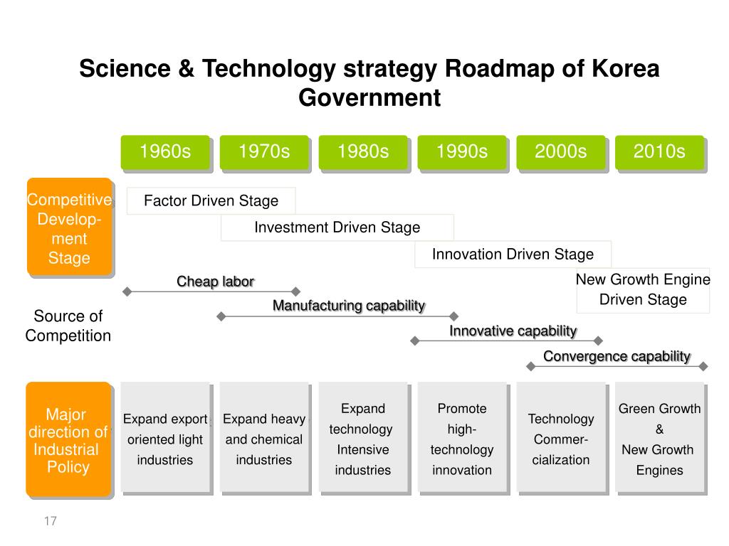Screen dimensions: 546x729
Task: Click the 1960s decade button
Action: (x=165, y=152)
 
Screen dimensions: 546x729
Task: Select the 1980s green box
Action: (x=363, y=152)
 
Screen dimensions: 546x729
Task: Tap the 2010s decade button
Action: (x=659, y=152)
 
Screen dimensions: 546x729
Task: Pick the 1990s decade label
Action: (x=462, y=152)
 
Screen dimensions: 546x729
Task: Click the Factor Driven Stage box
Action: (x=211, y=200)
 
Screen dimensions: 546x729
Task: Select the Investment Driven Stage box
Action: (x=337, y=227)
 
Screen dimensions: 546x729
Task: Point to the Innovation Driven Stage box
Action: (x=513, y=255)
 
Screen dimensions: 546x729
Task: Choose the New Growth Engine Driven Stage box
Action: (x=643, y=289)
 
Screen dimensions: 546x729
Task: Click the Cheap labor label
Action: (x=215, y=282)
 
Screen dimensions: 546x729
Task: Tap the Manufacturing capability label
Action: (x=349, y=306)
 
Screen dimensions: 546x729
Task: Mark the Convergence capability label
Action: (x=617, y=356)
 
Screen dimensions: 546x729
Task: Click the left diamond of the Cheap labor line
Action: (x=127, y=291)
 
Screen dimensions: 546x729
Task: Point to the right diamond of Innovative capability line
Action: (x=599, y=341)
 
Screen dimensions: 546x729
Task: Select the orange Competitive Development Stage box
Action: (x=69, y=227)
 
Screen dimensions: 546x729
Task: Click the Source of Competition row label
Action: (x=68, y=326)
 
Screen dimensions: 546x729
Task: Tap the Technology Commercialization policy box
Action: (x=561, y=439)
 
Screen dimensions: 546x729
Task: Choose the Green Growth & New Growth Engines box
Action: (x=659, y=439)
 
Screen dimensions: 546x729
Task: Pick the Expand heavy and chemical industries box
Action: (x=264, y=439)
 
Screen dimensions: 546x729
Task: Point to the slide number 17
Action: (x=50, y=521)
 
